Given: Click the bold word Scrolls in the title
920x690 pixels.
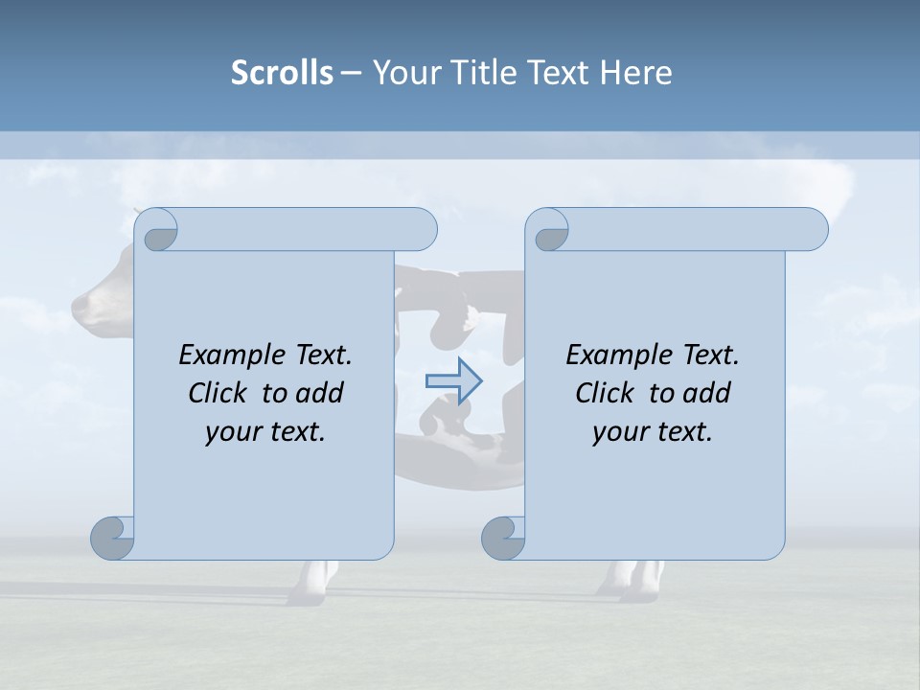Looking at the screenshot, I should click(282, 73).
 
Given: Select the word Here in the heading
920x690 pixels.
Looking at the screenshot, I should click(636, 73).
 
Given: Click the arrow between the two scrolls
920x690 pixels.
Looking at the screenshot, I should click(454, 380).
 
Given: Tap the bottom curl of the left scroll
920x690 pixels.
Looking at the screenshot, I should click(113, 538).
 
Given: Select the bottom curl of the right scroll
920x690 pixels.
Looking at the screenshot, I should click(504, 538).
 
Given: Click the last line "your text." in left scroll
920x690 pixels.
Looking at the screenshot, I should click(265, 431).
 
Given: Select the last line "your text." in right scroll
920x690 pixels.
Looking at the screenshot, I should click(653, 431).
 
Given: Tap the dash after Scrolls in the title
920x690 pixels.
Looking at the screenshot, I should click(351, 73).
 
